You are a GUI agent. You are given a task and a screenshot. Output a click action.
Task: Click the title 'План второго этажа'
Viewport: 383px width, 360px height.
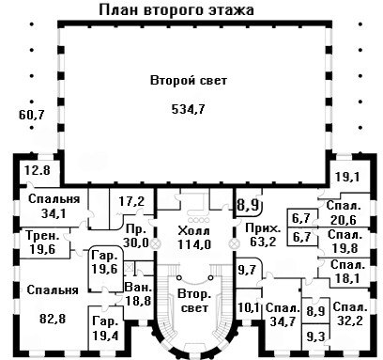[x=176, y=9]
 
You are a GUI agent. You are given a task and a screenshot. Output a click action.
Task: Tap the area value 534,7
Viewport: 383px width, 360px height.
[x=189, y=109]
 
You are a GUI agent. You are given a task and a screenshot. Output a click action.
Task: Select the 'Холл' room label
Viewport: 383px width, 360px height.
[x=194, y=231]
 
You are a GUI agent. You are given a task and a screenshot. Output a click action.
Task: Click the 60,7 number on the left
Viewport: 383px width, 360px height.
[x=32, y=115]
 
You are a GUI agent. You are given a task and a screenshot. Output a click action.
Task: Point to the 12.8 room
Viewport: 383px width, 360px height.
[x=38, y=171]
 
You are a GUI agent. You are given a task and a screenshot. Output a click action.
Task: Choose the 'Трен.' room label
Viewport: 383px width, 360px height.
[x=42, y=236]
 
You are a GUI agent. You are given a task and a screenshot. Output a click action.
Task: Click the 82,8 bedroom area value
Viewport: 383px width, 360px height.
[x=53, y=319]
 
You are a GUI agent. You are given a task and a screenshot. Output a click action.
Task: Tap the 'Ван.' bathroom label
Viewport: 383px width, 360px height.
[x=138, y=287]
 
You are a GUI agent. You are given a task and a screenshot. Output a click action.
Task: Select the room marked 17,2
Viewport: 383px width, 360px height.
[x=131, y=201]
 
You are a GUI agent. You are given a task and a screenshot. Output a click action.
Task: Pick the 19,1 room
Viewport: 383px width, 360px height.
[x=347, y=177]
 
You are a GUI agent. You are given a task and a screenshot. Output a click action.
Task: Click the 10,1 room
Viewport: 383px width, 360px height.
[x=249, y=308]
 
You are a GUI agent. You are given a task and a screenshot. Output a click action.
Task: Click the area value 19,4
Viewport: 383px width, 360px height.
[x=105, y=336]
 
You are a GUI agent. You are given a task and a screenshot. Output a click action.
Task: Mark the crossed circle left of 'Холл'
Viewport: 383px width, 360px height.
[x=155, y=243]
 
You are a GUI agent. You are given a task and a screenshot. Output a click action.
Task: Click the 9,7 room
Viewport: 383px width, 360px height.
[x=247, y=270]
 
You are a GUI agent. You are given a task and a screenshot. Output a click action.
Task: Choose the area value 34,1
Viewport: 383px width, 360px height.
[x=54, y=213]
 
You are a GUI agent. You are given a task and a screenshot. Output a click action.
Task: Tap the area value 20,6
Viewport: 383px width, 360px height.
[x=344, y=220]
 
